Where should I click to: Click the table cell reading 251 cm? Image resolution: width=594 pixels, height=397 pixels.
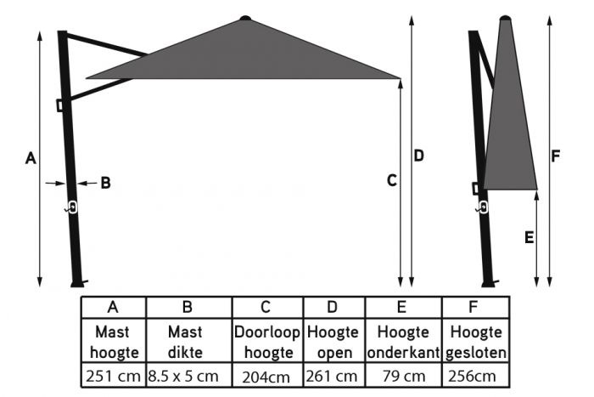114,375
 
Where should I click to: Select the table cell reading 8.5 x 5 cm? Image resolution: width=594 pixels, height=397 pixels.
188,375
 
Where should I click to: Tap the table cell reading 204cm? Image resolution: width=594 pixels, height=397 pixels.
266,375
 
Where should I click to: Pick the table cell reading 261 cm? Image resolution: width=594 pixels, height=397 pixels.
333,375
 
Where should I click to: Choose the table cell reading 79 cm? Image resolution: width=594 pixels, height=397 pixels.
402,375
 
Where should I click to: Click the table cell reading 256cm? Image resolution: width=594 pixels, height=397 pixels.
476,375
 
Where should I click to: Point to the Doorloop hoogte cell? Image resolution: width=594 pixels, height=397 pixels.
266,341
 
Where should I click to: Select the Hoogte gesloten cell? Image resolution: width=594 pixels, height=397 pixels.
476,341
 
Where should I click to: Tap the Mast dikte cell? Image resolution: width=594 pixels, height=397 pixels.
188,341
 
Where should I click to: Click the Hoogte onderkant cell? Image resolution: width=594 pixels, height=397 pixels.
402,341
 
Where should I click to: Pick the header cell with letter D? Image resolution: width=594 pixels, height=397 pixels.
333,307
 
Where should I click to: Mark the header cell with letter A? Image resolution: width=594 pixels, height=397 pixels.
114,307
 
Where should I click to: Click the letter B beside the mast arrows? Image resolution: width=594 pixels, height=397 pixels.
106,182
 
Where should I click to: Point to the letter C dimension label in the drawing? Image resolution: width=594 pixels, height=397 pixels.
391,180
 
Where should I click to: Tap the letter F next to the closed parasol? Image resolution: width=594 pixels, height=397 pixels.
555,156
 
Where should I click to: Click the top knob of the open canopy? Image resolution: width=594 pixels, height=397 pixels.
246,17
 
